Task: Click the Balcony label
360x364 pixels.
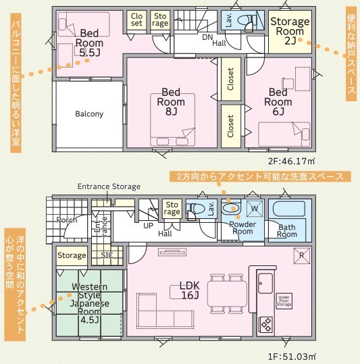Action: pos(89,114)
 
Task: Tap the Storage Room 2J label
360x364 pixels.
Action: pos(290,31)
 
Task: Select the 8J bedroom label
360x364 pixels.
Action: pos(171,102)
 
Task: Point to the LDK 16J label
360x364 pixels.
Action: pos(190,290)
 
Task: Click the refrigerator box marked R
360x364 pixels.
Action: pos(301,256)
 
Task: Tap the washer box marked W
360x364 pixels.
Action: pos(255,209)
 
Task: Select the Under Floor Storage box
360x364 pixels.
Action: pos(284,301)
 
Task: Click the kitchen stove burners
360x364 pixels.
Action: pos(265,324)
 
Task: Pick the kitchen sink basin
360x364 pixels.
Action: pos(265,283)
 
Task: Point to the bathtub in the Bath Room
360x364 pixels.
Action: pos(288,209)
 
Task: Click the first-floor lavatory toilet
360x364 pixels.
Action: pos(195,209)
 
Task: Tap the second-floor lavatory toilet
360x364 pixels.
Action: pos(247,22)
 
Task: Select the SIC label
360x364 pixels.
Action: pos(107,255)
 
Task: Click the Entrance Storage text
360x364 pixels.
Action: pos(109,186)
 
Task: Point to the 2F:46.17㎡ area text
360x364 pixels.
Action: pos(292,161)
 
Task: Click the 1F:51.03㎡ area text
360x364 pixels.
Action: pos(292,357)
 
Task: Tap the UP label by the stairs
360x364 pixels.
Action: pos(148,226)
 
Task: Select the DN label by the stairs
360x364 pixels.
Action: pos(207,37)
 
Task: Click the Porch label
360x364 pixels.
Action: pos(67,219)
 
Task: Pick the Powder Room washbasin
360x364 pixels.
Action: pos(231,208)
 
